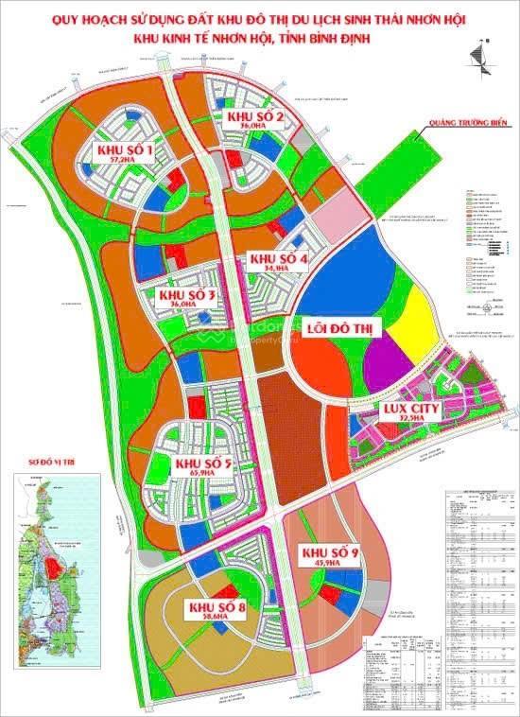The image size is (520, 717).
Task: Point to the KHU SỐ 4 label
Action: click(x=279, y=259)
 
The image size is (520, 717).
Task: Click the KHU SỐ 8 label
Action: click(x=217, y=607)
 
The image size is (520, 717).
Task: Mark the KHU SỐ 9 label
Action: click(x=329, y=552)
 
